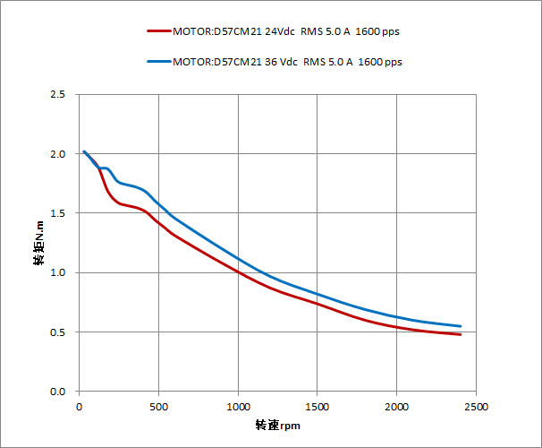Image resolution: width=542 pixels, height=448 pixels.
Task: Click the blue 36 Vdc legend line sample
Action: pyautogui.click(x=158, y=62)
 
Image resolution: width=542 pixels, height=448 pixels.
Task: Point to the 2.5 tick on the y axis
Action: pyautogui.click(x=59, y=94)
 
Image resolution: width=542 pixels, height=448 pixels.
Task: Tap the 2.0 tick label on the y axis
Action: pyautogui.click(x=59, y=154)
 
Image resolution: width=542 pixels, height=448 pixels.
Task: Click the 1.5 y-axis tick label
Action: pyautogui.click(x=59, y=213)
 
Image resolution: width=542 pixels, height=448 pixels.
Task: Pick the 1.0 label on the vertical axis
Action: pyautogui.click(x=59, y=272)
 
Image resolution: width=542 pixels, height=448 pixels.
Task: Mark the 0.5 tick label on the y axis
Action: pyautogui.click(x=59, y=332)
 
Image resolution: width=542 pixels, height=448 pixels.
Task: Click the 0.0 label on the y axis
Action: pyautogui.click(x=59, y=392)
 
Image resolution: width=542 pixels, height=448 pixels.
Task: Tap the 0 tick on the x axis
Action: pyautogui.click(x=80, y=406)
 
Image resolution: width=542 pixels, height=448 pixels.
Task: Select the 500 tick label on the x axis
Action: pyautogui.click(x=159, y=406)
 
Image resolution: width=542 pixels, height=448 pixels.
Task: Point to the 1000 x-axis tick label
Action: pyautogui.click(x=238, y=406)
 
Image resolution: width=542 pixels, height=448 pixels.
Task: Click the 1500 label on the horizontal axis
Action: pyautogui.click(x=318, y=406)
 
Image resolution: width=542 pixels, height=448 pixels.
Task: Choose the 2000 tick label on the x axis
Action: pyautogui.click(x=396, y=406)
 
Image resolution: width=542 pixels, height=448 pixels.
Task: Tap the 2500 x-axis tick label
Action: pyautogui.click(x=476, y=406)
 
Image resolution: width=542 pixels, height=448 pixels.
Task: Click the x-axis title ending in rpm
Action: pyautogui.click(x=277, y=425)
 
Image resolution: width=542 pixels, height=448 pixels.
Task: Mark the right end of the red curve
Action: pyautogui.click(x=461, y=334)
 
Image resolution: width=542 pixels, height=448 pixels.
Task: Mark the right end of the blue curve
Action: pyautogui.click(x=461, y=326)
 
